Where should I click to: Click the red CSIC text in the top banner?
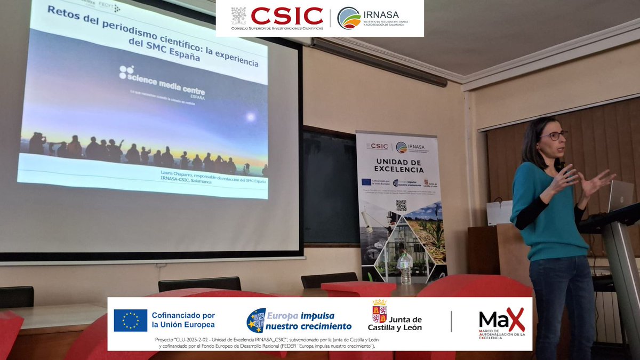[287, 15]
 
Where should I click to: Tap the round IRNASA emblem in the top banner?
[349, 18]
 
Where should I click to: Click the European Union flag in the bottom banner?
[130, 321]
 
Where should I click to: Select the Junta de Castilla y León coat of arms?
[380, 311]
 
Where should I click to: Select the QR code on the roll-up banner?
[401, 205]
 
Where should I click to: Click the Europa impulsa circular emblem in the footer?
[256, 320]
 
